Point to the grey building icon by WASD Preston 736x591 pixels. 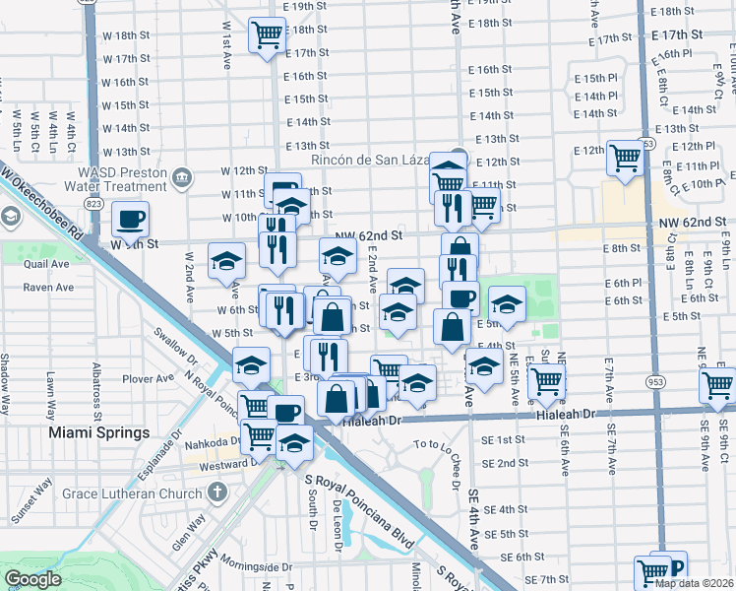[181, 178]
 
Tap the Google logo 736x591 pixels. [32, 579]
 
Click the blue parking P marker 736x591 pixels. [674, 568]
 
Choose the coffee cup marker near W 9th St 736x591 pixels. [130, 219]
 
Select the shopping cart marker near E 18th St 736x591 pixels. [266, 36]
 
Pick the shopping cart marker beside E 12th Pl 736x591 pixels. [625, 158]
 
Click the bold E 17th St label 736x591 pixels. [677, 34]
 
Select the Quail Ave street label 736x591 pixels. [47, 263]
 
